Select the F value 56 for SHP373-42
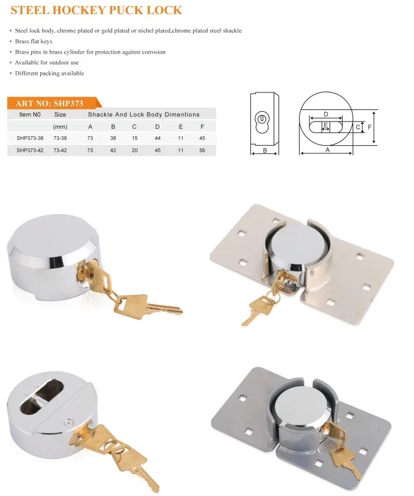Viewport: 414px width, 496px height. point(202,150)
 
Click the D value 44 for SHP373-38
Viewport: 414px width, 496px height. point(157,138)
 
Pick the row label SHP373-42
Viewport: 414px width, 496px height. point(29,150)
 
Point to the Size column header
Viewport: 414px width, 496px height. point(60,114)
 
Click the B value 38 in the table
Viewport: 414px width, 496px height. point(113,138)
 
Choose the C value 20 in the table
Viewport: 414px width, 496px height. point(135,150)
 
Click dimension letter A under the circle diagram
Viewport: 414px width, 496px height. point(327,149)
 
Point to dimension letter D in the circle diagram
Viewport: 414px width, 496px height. point(326,114)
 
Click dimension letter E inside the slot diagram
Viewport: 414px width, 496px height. point(326,125)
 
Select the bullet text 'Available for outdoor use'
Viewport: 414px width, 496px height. point(47,63)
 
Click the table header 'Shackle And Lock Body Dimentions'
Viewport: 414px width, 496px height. point(143,114)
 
